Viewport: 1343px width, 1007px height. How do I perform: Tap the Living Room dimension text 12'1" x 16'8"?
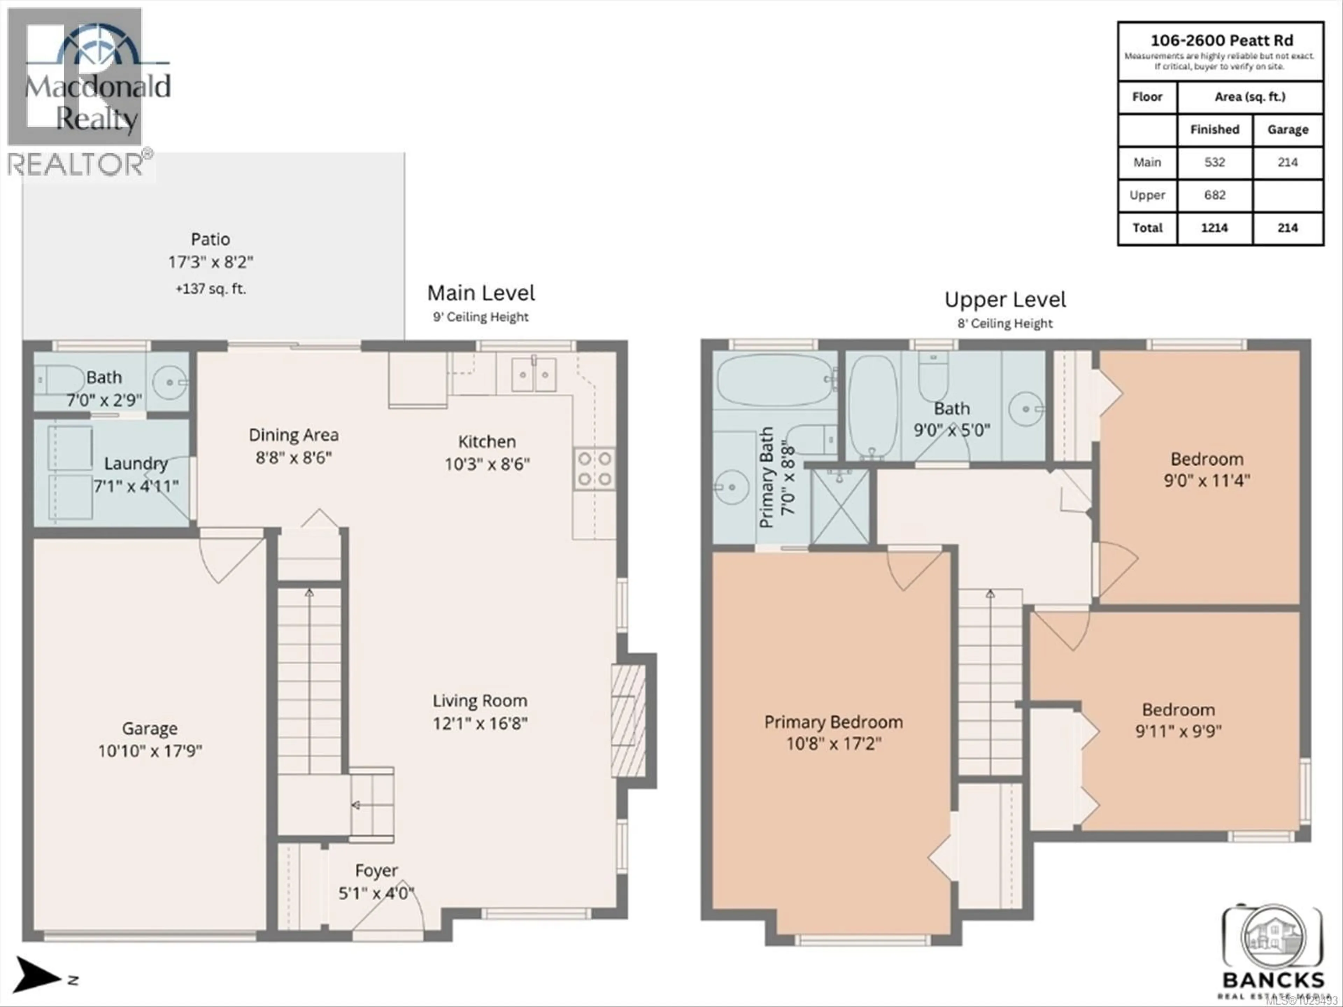tap(479, 723)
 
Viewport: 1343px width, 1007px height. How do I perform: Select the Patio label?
tap(210, 239)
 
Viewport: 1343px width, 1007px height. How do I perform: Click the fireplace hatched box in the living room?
tap(628, 721)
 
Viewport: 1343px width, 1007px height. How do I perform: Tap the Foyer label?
tap(376, 870)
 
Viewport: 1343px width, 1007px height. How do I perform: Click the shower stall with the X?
tap(840, 506)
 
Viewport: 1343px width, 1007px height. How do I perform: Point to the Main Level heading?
tap(481, 293)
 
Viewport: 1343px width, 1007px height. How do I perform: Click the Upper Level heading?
tap(1005, 300)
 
